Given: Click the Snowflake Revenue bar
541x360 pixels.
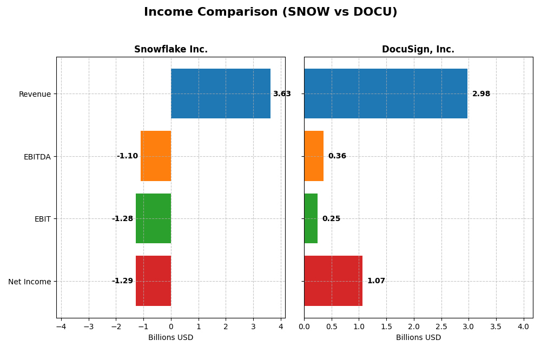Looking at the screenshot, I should tap(221, 94).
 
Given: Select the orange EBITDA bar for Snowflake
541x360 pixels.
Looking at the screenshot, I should tap(156, 156).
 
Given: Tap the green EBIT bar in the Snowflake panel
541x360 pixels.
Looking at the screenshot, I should tap(153, 218).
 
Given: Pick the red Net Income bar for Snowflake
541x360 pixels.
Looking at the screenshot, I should tap(153, 281).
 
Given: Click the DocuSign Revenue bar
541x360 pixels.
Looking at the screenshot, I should tap(386, 94).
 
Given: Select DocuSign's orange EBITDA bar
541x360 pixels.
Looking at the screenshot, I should tap(314, 156).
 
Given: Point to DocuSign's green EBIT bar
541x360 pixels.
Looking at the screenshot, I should tap(311, 218).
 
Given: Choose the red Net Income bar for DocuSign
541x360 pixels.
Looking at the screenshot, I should tap(333, 281).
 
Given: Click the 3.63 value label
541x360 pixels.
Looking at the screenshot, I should tap(282, 94).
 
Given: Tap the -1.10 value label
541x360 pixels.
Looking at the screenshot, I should tap(127, 156).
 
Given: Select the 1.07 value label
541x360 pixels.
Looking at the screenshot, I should tap(376, 281).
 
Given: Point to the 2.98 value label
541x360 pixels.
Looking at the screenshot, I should tap(481, 94).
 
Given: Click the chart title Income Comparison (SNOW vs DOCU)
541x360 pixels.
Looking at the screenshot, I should tap(270, 12).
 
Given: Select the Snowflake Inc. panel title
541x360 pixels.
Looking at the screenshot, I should tap(171, 50).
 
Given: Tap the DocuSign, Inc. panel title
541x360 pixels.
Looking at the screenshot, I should tap(418, 50).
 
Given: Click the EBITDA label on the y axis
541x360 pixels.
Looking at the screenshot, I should tap(37, 157).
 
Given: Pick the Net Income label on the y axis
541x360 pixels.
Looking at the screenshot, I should tap(30, 282).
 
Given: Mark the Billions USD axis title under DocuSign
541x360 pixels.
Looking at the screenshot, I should tap(418, 338).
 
